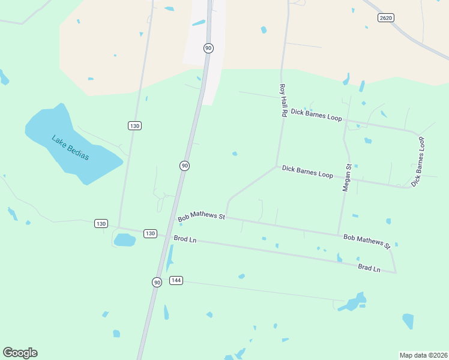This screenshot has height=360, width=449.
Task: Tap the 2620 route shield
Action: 386,18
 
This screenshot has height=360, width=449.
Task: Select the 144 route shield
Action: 176,280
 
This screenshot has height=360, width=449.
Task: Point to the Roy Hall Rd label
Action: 283,100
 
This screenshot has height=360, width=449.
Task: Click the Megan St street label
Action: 346,178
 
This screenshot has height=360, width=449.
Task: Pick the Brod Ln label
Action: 185,239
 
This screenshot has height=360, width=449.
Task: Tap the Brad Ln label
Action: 369,268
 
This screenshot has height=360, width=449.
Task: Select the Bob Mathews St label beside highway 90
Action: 201,216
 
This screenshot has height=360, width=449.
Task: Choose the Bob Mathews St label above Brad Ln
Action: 367,241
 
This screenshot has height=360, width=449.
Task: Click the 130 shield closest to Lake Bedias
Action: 134,125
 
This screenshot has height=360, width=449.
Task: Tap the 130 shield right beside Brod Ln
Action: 150,233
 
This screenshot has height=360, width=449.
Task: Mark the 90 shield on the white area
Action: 208,48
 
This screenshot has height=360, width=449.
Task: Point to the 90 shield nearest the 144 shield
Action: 157,282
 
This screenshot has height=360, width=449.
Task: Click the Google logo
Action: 20,353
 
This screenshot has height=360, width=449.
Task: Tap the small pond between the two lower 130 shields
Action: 124,240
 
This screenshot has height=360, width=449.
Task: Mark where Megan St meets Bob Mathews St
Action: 339,235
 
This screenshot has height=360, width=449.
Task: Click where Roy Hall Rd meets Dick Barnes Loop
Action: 276,166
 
